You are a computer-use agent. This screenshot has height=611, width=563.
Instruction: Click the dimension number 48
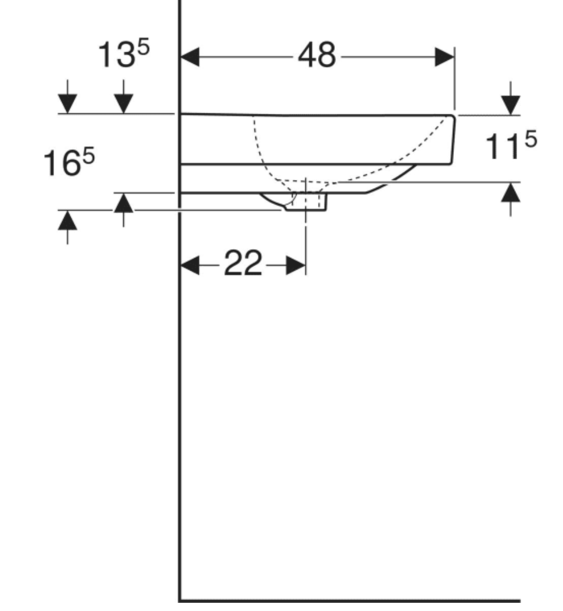click(x=316, y=56)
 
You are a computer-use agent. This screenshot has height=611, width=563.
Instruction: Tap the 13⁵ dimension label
click(x=122, y=56)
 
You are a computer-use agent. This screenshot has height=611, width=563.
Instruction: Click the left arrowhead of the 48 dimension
click(x=190, y=57)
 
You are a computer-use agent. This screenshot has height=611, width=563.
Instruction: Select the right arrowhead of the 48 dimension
click(x=444, y=57)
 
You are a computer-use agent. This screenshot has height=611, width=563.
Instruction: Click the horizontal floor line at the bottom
click(x=348, y=600)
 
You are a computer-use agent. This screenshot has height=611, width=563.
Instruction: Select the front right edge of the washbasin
click(x=453, y=139)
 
